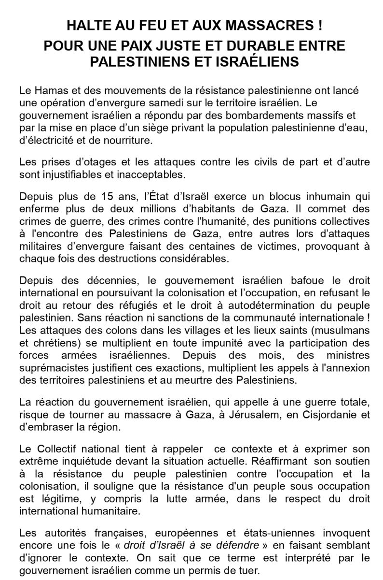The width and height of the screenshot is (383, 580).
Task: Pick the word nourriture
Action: [128, 141]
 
